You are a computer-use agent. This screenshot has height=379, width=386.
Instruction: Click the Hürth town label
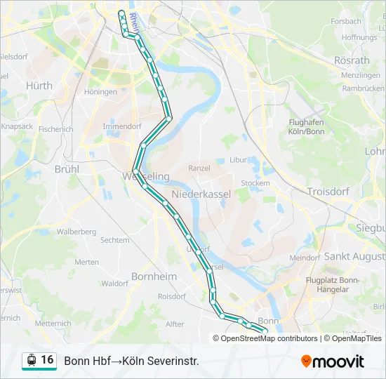pos(39,85)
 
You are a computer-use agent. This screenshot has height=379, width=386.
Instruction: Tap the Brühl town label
pos(67,169)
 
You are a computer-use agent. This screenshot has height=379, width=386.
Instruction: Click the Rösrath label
pos(352,60)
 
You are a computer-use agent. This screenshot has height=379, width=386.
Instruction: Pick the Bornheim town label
pos(154,277)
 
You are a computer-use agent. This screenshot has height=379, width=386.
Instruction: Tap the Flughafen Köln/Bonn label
pos(307,126)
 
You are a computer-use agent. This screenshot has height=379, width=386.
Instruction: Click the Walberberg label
pos(76,232)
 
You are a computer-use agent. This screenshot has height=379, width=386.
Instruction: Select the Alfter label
pos(174,324)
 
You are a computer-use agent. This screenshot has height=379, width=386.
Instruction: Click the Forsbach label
pos(345,22)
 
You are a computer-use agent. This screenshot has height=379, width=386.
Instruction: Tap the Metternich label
pos(53,324)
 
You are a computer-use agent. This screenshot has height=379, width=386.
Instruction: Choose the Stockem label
pos(255,183)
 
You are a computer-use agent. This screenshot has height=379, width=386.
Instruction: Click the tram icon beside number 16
pos(31,360)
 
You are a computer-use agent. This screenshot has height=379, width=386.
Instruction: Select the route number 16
pos(47,360)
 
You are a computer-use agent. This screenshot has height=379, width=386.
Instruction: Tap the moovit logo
pos(333,361)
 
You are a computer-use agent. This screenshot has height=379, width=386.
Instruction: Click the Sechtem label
pos(115,239)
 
